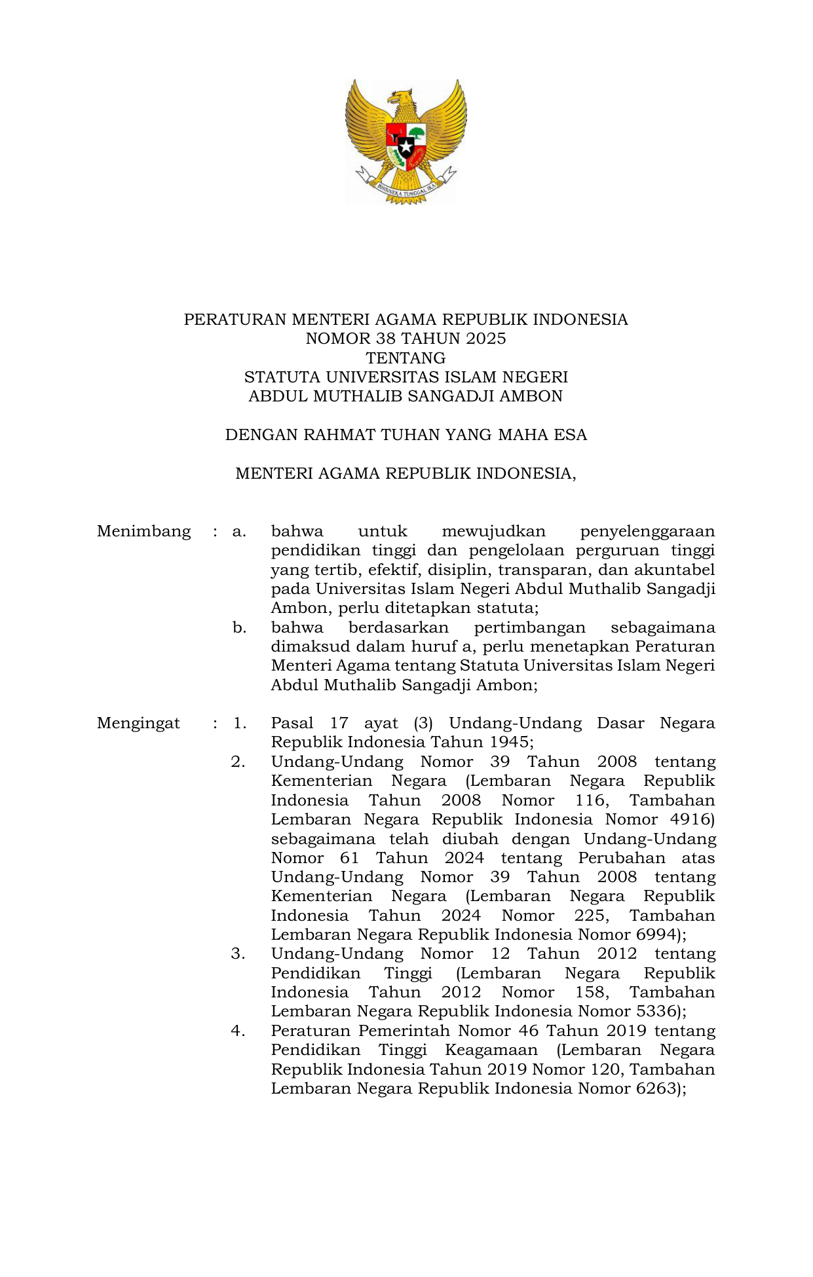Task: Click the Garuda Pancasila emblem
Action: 406,140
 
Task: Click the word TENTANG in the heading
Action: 406,358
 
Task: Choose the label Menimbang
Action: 143,531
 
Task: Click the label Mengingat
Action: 138,723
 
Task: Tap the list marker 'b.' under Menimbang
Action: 239,627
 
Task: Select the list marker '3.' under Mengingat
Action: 238,953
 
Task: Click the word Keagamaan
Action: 491,1050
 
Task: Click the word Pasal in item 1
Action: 292,723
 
